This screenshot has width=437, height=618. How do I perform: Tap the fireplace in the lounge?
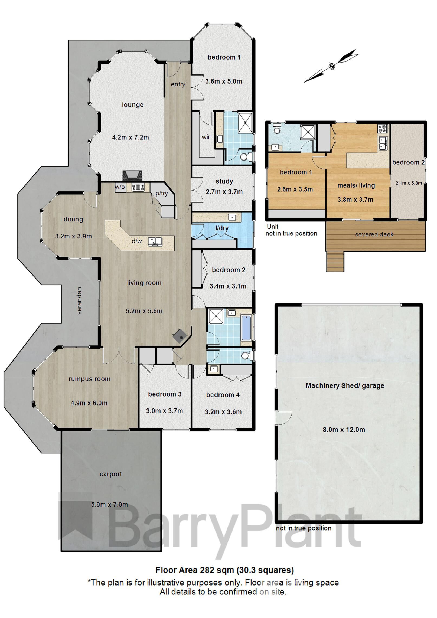tap(132, 176)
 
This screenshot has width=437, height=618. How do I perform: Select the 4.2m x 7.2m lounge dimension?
tap(131, 138)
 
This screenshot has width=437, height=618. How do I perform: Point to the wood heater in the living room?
tap(180, 336)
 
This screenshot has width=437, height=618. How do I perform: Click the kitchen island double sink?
tap(155, 241)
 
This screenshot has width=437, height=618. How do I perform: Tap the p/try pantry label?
tap(162, 193)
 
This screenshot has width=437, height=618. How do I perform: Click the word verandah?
tap(79, 300)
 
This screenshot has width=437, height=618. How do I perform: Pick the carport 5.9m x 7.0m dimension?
tap(109, 505)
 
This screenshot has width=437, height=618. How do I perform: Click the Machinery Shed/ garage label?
tap(345, 386)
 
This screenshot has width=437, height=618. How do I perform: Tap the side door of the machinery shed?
tap(282, 418)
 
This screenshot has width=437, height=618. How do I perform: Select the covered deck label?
tap(374, 234)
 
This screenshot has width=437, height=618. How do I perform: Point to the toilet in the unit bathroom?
tap(276, 129)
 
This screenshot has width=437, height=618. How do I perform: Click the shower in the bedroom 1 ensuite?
tap(245, 122)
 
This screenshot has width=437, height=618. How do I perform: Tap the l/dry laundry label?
tap(222, 228)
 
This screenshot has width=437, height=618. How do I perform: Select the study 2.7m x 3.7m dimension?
tap(224, 192)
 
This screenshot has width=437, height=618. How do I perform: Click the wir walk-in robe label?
tap(206, 137)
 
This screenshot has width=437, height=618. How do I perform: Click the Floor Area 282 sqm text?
tap(224, 570)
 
